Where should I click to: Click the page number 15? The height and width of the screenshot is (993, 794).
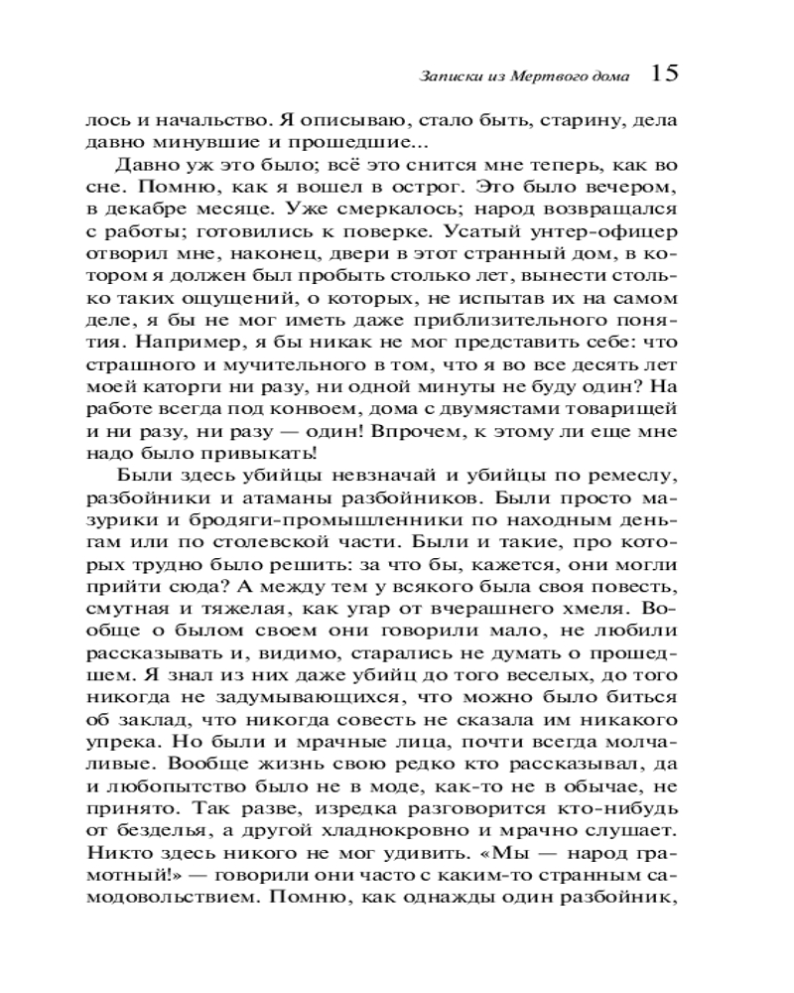pyautogui.click(x=664, y=72)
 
